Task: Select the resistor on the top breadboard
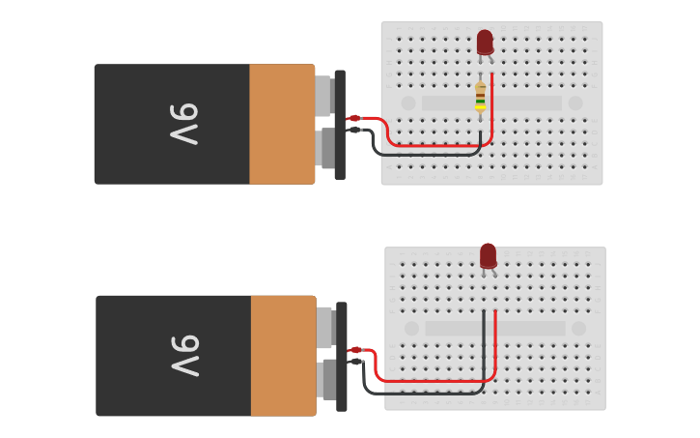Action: pos(480,98)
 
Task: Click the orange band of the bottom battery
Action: pos(283,356)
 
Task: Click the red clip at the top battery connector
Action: pos(354,118)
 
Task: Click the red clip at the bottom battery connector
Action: pos(355,350)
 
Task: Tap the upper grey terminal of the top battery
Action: pos(323,96)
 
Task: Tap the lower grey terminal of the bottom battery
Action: pos(325,379)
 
